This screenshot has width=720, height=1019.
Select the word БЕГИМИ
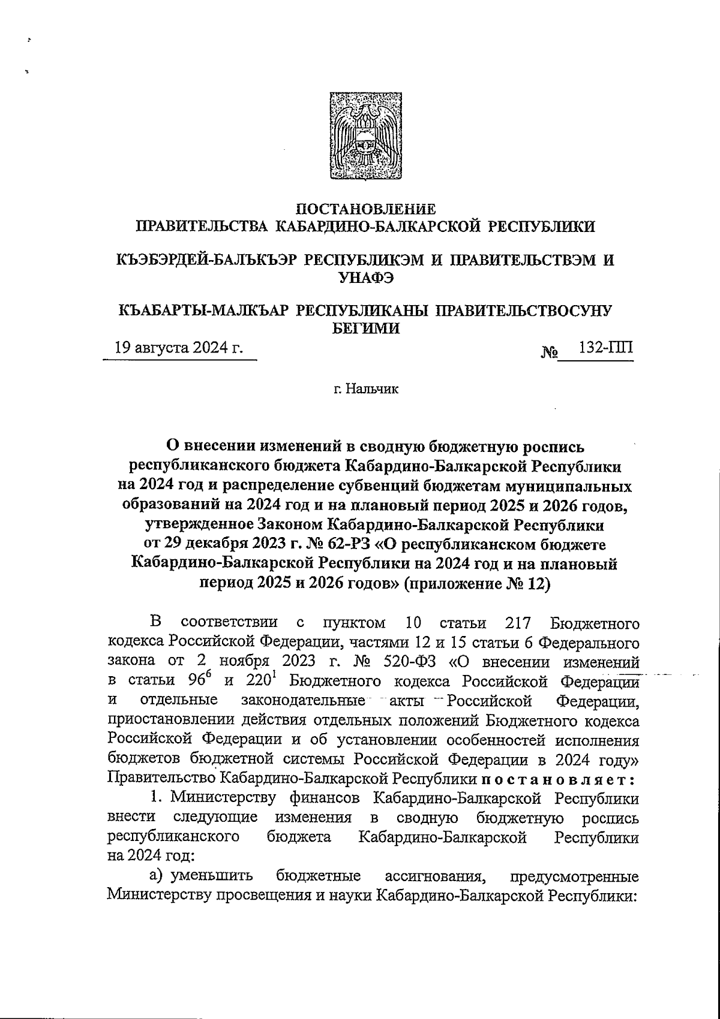coord(366,328)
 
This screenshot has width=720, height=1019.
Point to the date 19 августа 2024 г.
coord(179,348)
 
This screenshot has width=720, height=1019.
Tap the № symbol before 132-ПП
coord(549,353)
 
